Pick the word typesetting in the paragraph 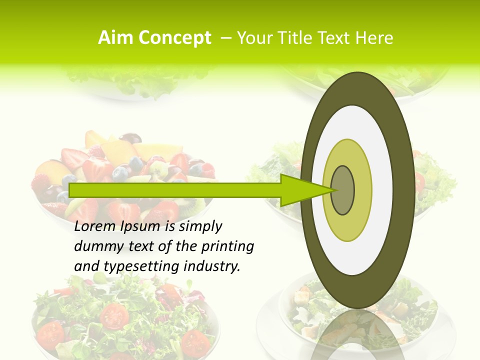(x=134, y=266)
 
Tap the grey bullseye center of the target (x=343, y=190)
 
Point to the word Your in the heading (x=254, y=38)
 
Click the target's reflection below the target (x=357, y=335)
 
